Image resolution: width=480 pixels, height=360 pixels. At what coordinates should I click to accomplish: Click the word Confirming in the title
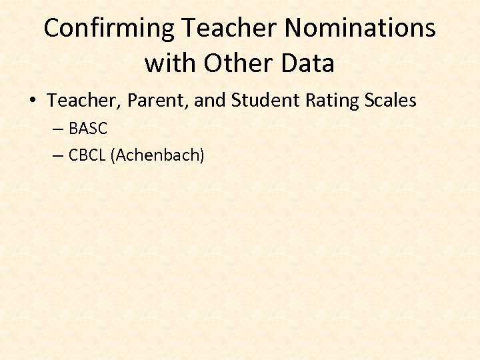coord(109,29)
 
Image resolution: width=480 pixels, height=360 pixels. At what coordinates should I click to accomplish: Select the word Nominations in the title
coord(361,29)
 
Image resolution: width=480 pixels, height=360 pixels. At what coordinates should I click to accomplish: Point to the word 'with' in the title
coord(171,63)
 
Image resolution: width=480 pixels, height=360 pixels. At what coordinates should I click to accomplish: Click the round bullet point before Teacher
coord(33,101)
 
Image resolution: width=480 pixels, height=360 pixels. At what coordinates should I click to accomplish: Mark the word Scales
coord(391,101)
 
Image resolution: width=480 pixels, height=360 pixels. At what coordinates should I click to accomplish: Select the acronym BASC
coord(87,129)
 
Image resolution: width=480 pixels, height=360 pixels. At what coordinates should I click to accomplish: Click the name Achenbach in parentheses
coord(157,156)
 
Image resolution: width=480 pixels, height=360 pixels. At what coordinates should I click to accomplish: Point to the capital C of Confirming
coord(52,29)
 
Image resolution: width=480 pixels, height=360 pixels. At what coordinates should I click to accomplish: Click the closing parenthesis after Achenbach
coord(201,156)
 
